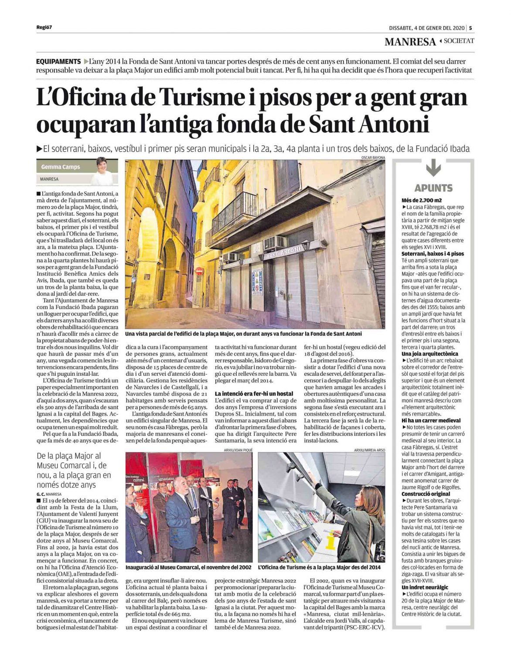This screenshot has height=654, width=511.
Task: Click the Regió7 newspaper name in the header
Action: pos(44,28)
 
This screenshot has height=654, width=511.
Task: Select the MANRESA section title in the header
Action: pos(410,42)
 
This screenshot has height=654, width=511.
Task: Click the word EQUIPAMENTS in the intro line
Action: pos(58,61)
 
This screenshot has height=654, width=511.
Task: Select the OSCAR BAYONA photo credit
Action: pos(373,157)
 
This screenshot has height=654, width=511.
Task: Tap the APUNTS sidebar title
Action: pos(433,188)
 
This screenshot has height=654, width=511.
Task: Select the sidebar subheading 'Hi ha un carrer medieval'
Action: pos(431,421)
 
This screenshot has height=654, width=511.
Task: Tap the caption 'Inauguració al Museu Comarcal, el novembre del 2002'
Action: pos(188,567)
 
